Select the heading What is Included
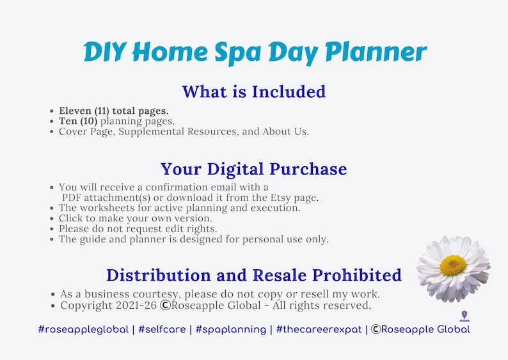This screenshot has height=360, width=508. [253, 91]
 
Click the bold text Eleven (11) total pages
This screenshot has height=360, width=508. [113, 111]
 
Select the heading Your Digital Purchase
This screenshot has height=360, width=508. [253, 169]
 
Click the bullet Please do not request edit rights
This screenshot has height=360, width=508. [138, 228]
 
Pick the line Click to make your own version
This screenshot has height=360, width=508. [135, 218]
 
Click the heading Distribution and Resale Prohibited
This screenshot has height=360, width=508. [253, 275]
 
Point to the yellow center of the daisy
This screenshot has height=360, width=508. [453, 265]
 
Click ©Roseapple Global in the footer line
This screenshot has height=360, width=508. [420, 329]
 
